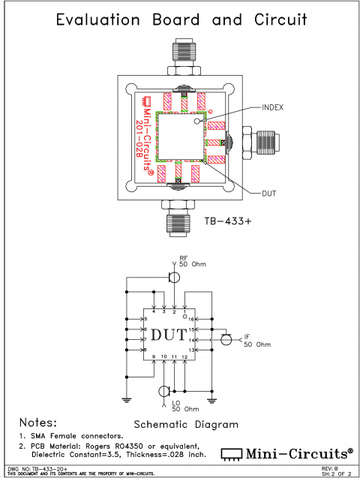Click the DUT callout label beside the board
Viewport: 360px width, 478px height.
[268, 193]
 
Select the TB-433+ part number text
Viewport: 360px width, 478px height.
[229, 222]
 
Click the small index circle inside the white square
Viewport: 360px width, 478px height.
[198, 120]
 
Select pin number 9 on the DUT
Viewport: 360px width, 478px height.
[153, 356]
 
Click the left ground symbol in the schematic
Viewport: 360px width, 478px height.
[127, 397]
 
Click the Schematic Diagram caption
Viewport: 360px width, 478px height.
[185, 425]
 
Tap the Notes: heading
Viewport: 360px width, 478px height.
[42, 422]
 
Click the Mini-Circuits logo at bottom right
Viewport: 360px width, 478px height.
[286, 453]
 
